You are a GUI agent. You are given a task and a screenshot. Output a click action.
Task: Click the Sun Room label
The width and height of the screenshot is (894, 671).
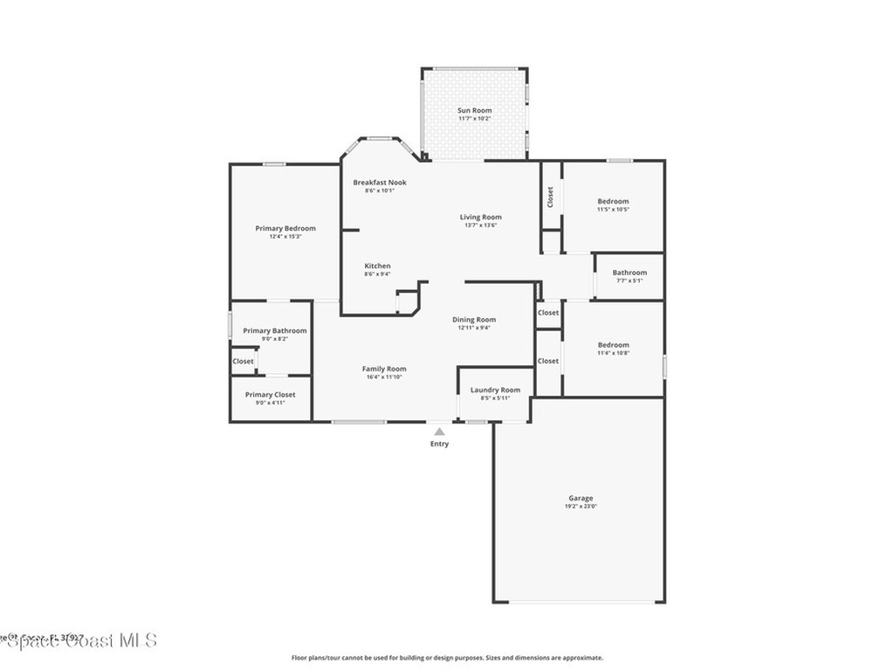475,111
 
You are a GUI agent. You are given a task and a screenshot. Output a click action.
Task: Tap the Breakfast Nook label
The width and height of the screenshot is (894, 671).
379,183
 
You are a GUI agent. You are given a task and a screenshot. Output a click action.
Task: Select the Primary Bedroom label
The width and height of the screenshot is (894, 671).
285,229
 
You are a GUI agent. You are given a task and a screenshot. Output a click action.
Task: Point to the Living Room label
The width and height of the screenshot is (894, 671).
481,218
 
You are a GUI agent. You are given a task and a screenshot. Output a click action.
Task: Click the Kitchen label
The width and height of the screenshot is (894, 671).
377,266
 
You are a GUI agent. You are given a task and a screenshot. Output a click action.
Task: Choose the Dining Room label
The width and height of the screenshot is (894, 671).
474,320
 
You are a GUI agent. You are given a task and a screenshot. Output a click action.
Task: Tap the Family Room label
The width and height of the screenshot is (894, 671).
384,369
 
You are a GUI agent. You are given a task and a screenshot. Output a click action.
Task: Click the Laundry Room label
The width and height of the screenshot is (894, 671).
495,390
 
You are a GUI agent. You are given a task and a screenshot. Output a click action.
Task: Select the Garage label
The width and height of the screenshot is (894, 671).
581,498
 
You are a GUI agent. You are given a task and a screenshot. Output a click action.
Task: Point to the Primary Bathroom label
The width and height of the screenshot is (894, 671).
275,331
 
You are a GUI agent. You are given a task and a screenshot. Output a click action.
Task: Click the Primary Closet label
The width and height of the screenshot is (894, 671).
270,395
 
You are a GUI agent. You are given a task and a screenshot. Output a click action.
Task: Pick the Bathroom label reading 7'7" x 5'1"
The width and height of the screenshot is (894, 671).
629,273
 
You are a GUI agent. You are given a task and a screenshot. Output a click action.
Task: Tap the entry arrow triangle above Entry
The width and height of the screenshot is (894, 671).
439,432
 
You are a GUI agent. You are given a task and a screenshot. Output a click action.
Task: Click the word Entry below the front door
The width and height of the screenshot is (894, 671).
439,444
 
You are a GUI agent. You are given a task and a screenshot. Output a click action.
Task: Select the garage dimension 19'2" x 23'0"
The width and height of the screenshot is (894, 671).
581,507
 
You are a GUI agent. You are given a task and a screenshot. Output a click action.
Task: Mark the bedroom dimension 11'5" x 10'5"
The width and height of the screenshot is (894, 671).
613,210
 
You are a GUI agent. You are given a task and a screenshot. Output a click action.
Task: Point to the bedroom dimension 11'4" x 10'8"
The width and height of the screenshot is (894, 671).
613,354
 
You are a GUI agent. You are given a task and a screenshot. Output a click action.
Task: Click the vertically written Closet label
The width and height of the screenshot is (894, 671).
550,197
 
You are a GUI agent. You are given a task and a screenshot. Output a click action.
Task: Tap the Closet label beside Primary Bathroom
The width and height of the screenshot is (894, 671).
243,362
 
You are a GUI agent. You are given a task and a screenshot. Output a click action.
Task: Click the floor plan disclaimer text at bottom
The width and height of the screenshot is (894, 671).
447,658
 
